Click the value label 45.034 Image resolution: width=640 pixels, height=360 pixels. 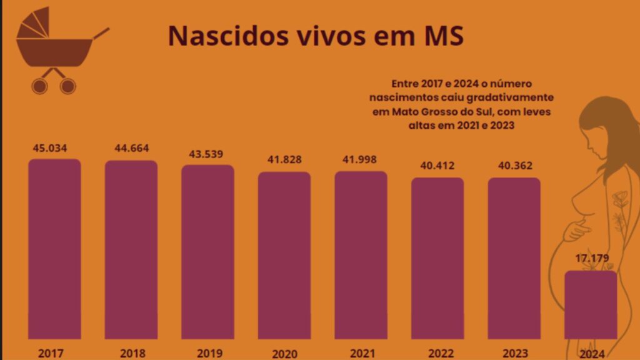(50, 148)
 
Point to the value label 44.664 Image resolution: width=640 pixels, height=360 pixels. (131, 148)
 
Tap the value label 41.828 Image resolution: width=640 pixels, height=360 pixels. (284, 159)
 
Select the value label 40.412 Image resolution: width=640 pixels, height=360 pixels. (437, 166)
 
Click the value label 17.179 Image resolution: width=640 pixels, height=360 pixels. (592, 258)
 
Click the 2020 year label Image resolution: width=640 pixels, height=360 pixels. (284, 354)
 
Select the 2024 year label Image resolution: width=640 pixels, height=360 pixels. (592, 354)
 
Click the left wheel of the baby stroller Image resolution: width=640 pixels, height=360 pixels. (39, 86)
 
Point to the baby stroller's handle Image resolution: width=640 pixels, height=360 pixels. (101, 33)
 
